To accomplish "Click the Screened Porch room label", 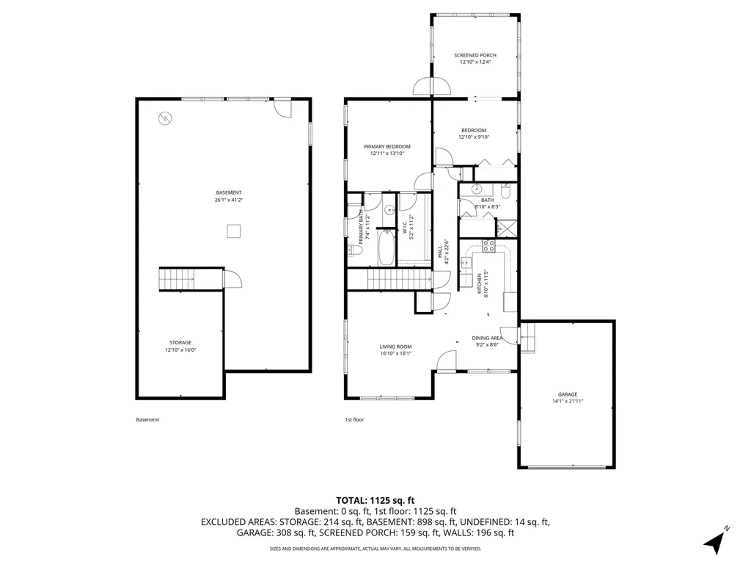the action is click(x=475, y=56).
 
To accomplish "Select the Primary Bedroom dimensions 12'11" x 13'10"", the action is click(x=387, y=153).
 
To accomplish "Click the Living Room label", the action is click(x=395, y=347).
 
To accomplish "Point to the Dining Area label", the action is click(x=486, y=339).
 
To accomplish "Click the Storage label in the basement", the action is click(x=180, y=343).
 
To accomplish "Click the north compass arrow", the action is click(x=714, y=542).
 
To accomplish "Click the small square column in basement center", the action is click(x=232, y=232).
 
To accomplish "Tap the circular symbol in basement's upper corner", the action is click(x=165, y=117).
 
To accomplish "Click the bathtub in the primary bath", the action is click(x=386, y=247).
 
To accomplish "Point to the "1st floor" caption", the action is click(x=354, y=420).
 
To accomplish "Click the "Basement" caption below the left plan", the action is click(x=147, y=420).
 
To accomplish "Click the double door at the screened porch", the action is click(x=433, y=87).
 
